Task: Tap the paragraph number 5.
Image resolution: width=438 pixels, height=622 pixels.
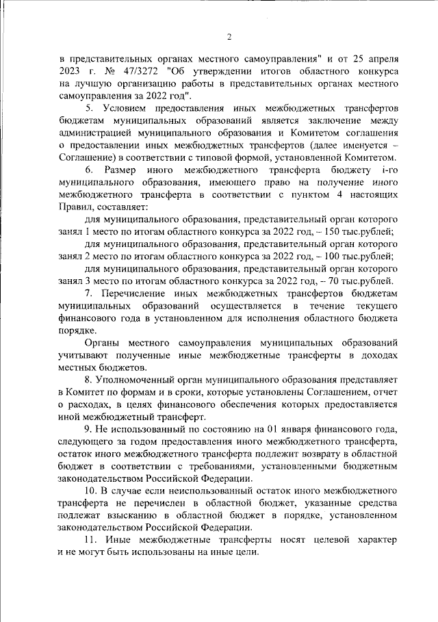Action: [x=89, y=108]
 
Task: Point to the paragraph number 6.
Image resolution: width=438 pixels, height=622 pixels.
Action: [x=89, y=169]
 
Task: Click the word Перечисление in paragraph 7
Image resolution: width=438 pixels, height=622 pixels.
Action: [x=139, y=291]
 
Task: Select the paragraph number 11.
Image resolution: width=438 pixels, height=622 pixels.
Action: [x=92, y=541]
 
